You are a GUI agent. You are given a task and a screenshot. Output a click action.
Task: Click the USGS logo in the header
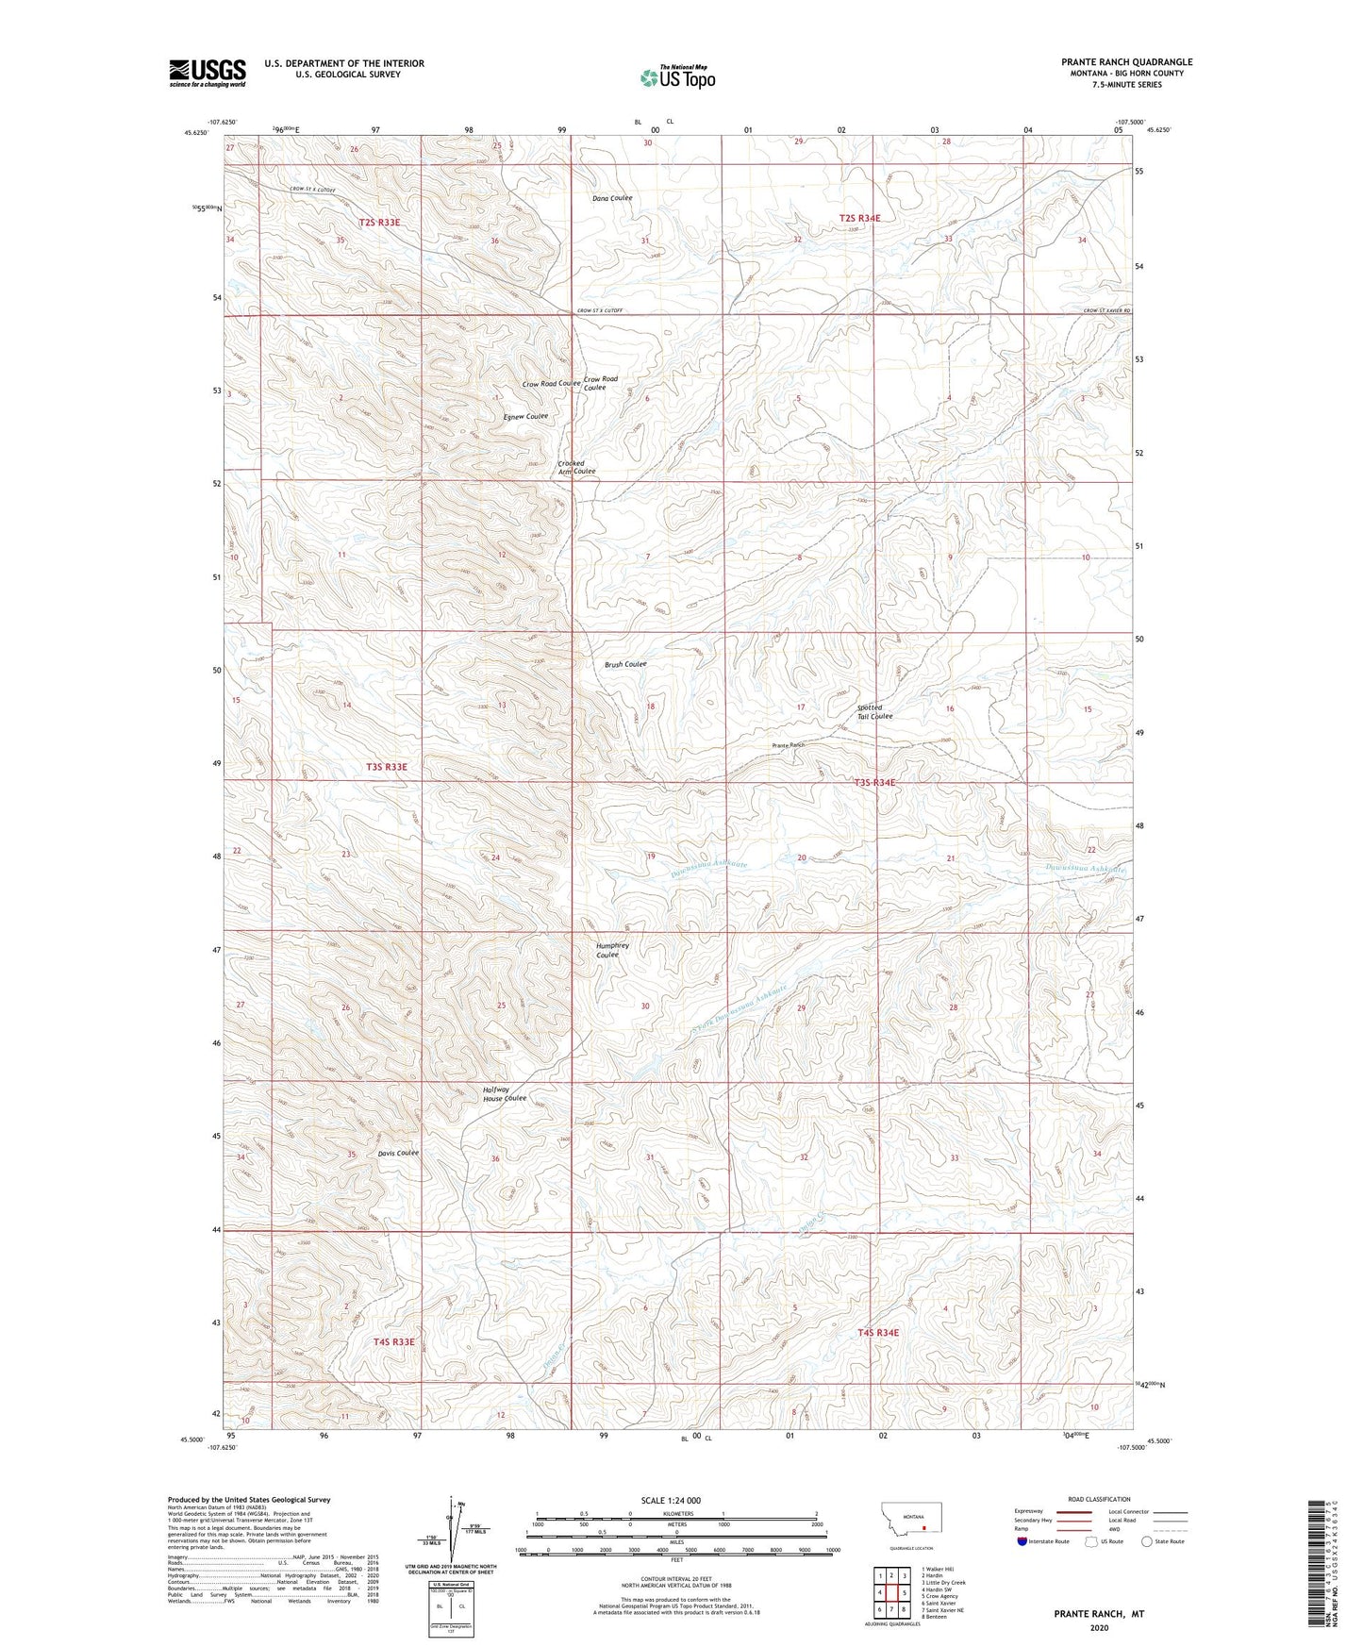(x=208, y=73)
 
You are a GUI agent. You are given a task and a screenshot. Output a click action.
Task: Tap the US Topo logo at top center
(x=677, y=77)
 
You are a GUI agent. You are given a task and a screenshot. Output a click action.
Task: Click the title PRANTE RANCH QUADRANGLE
(x=1126, y=62)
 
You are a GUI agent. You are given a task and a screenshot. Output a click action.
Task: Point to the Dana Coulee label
(x=612, y=198)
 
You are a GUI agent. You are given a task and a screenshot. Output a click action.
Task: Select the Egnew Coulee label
(x=524, y=416)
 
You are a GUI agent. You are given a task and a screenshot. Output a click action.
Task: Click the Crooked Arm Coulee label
(x=576, y=468)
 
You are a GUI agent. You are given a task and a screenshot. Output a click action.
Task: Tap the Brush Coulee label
(x=625, y=664)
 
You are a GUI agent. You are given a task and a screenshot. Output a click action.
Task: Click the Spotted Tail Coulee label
(x=873, y=711)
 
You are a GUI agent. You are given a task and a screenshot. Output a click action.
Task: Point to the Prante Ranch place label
(x=789, y=745)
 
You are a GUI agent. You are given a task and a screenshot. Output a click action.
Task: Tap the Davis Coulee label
(x=398, y=1153)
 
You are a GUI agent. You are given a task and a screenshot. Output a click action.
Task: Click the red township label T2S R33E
(x=379, y=223)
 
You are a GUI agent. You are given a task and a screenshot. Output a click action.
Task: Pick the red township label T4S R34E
(x=878, y=1332)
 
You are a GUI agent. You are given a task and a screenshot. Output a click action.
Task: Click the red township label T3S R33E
(x=387, y=767)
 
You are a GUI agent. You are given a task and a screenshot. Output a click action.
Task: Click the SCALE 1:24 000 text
(x=670, y=1500)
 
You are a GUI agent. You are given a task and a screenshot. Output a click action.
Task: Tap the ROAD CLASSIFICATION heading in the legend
(x=1098, y=1499)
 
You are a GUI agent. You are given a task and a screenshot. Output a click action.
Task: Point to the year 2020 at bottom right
(x=1099, y=1627)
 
